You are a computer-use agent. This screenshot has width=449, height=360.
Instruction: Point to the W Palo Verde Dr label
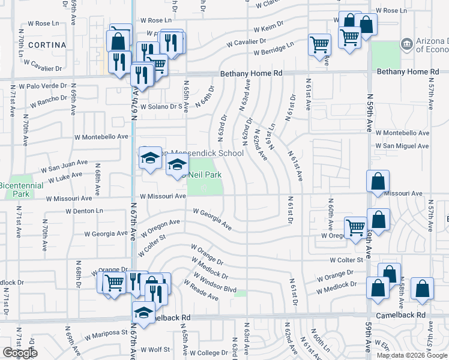tap(43, 86)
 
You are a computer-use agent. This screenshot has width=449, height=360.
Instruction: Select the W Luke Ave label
tap(65, 178)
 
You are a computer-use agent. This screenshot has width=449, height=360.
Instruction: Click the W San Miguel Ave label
tap(402, 146)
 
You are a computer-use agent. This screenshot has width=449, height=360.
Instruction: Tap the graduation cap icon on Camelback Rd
tap(143, 313)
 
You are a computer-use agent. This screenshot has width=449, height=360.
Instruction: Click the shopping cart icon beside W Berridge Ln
tap(319, 44)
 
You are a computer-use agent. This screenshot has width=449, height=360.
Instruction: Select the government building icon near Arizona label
tap(408, 44)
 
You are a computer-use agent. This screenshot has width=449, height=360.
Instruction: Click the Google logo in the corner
tap(20, 353)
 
